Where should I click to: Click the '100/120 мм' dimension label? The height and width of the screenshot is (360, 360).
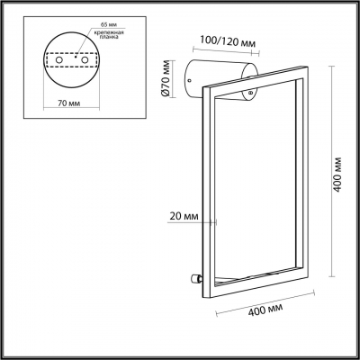[x=223, y=41]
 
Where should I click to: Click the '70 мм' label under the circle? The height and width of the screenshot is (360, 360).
[x=65, y=103]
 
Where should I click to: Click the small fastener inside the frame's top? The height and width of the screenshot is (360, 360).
[x=247, y=92]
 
